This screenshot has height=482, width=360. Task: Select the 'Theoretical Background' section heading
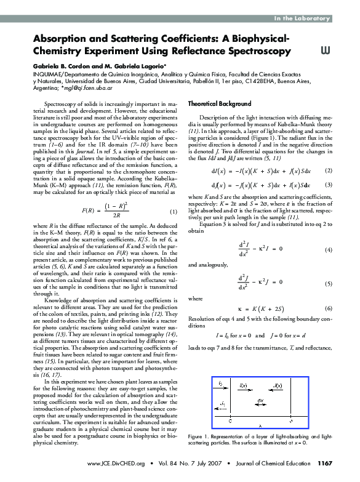point(219,103)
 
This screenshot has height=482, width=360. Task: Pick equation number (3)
point(329,185)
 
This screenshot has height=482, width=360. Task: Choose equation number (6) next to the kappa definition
point(329,308)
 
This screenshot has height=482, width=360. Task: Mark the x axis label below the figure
point(260,425)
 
